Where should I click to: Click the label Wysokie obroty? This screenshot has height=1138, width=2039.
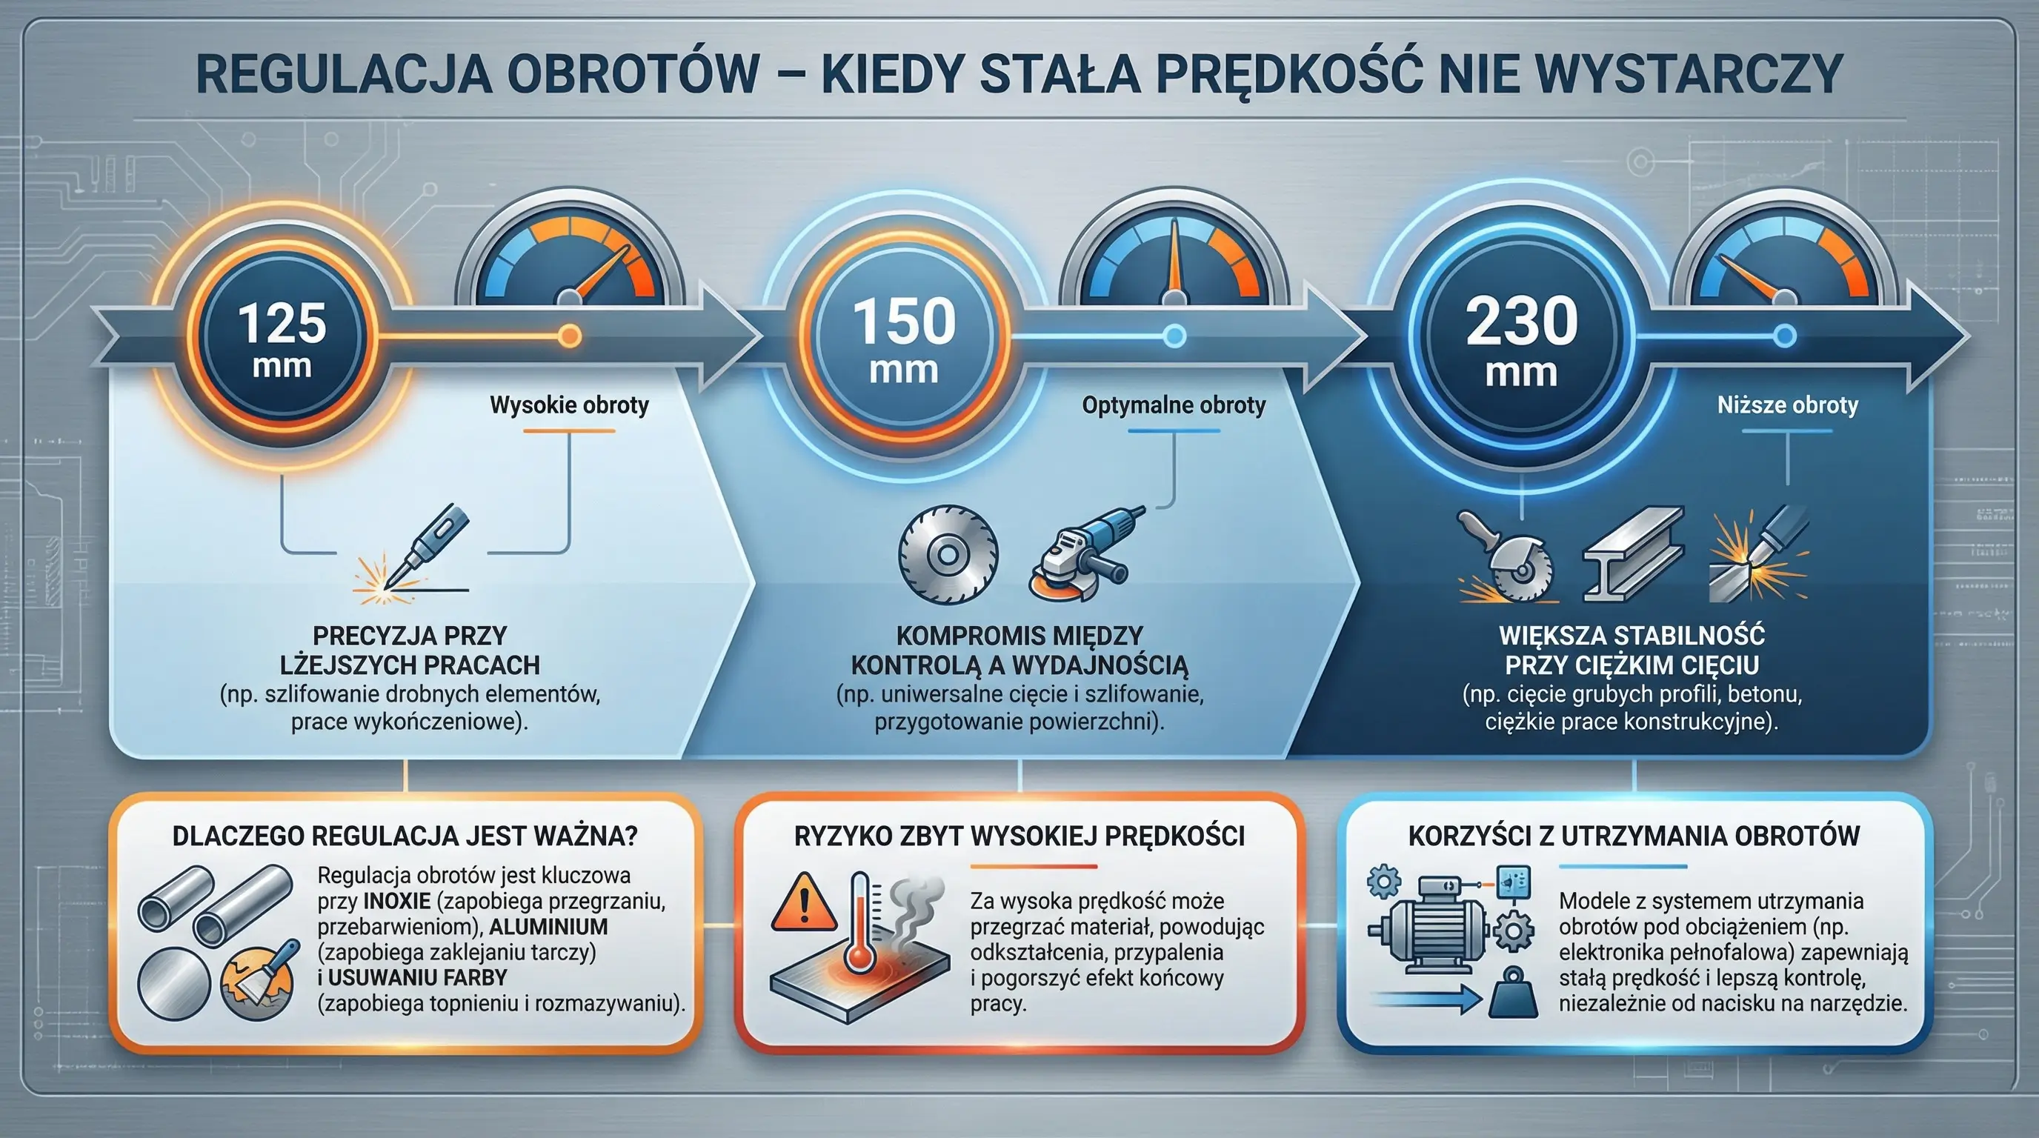point(569,405)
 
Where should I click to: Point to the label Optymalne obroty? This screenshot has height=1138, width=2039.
point(1173,405)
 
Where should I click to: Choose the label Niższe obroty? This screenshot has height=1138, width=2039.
point(1787,405)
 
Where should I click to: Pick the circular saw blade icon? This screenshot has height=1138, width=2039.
point(947,554)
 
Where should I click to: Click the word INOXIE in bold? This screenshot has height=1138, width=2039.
point(396,901)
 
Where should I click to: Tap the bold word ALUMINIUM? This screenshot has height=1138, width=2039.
point(548,926)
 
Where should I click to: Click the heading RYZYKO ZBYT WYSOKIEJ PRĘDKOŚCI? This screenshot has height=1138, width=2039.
point(1019,836)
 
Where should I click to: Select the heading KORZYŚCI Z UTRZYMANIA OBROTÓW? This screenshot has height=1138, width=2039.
point(1634,836)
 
